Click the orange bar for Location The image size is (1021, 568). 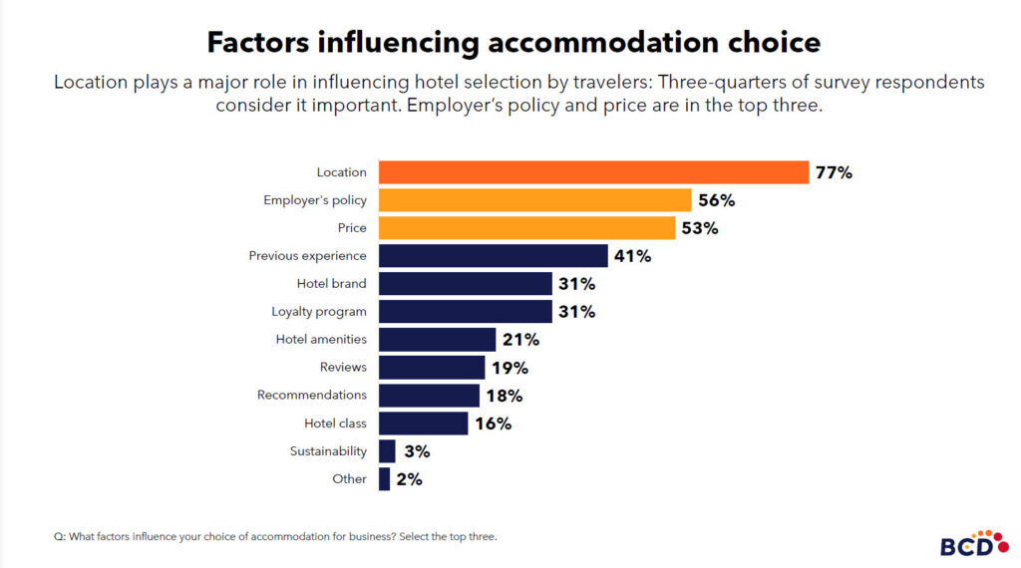pos(593,172)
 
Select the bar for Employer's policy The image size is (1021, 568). pos(534,200)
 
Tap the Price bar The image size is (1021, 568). pos(526,228)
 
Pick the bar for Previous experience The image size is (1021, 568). pos(493,256)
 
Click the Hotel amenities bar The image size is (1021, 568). pos(437,340)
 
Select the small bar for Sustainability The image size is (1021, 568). pos(387,451)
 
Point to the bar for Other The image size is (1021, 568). pos(384,479)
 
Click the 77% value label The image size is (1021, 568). pos(834,172)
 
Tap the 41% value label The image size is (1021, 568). pos(632,256)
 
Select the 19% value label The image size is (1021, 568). pos(510,368)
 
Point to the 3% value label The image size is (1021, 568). pos(417,451)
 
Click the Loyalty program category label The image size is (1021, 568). pos(319,312)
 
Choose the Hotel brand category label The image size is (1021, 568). pos(332,284)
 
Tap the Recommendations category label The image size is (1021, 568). pos(312,396)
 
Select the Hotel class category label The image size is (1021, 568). pos(335,424)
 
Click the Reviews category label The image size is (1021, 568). pos(343,368)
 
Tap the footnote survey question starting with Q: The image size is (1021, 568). pos(275,536)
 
